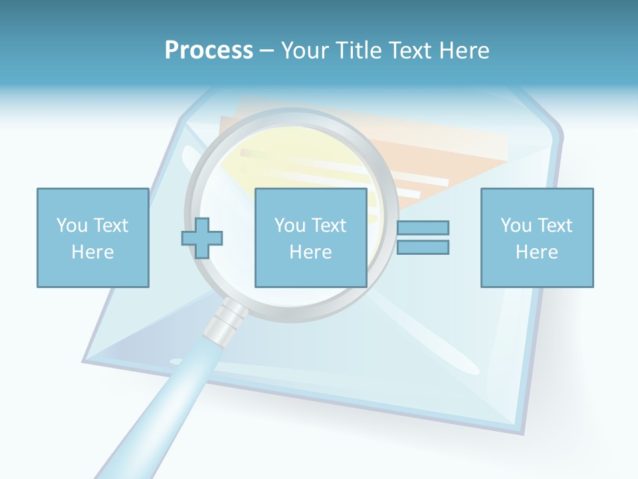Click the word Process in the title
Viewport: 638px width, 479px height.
point(209,51)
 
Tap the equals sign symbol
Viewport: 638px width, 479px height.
point(423,238)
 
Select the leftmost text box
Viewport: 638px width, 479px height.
point(92,238)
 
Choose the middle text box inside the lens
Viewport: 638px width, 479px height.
point(310,238)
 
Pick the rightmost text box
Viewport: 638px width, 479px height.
point(536,238)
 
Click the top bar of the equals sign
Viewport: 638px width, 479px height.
point(423,228)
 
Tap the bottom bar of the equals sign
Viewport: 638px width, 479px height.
point(423,247)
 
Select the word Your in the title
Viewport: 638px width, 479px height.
point(303,51)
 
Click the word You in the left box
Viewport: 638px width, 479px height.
point(71,226)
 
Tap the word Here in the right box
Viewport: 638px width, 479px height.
point(536,252)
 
